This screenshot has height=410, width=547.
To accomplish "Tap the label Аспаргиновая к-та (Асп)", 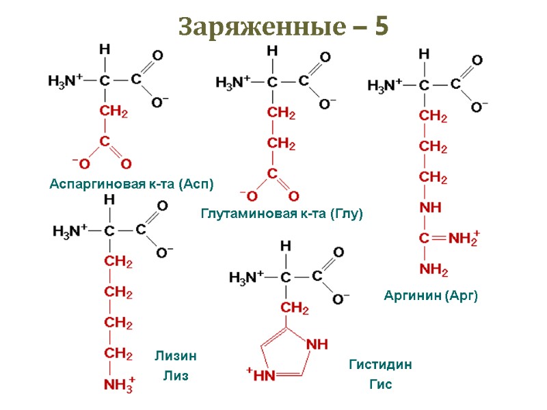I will [132, 184].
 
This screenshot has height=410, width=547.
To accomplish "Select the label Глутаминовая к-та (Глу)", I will [281, 214].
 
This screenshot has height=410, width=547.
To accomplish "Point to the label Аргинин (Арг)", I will [430, 296].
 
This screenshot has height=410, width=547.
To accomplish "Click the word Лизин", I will [176, 355].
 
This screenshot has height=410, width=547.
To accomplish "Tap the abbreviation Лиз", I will [175, 377].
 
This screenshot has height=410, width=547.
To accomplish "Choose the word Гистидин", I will [380, 365].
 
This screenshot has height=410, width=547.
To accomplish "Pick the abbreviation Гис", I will [380, 385].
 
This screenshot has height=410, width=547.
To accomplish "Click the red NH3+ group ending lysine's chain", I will [120, 385].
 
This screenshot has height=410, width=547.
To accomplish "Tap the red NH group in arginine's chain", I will [431, 207].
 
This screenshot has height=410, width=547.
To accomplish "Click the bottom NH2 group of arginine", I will [433, 270].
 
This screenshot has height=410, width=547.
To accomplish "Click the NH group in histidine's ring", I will [317, 344].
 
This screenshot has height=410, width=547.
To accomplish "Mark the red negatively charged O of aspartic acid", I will [83, 164].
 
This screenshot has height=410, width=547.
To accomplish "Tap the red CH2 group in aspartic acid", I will [114, 111].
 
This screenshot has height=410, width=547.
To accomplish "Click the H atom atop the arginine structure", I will [424, 53].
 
